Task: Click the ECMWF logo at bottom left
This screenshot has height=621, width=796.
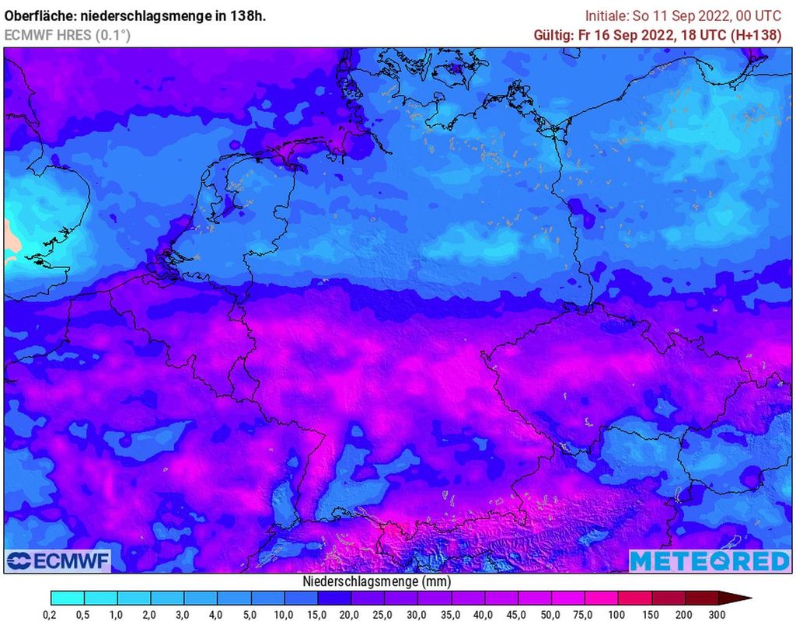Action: [x=58, y=560]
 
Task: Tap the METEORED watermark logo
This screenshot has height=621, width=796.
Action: [x=709, y=560]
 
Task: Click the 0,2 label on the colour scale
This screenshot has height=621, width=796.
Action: [x=51, y=615]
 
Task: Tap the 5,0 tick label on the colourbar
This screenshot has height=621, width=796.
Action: [x=251, y=615]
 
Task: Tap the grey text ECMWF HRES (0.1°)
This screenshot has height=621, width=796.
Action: [x=68, y=35]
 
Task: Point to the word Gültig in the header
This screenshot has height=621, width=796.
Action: [x=553, y=35]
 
